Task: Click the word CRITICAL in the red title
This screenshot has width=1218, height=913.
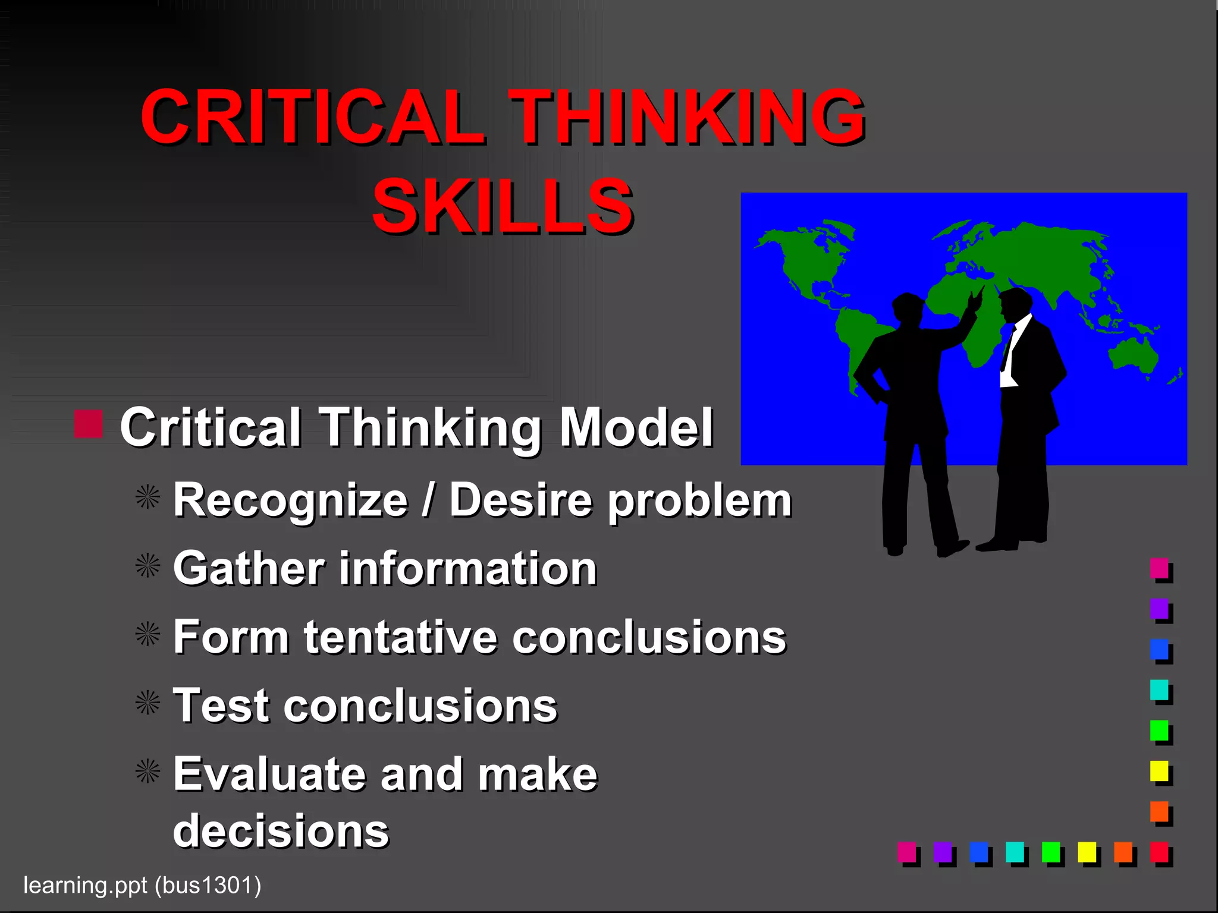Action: (312, 117)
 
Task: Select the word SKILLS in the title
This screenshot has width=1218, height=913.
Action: (503, 206)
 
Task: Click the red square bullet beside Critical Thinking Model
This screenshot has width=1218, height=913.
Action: (89, 424)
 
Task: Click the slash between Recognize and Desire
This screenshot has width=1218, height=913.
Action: (428, 500)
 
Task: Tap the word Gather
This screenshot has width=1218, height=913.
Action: (249, 569)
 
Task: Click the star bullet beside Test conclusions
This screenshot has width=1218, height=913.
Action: (147, 703)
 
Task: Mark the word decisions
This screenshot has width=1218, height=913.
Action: (281, 831)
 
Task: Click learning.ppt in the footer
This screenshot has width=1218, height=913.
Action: (84, 886)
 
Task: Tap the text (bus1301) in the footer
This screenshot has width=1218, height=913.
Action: (208, 886)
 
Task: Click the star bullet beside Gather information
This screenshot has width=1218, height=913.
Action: (147, 566)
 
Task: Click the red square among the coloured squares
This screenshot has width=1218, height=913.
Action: (1159, 852)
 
